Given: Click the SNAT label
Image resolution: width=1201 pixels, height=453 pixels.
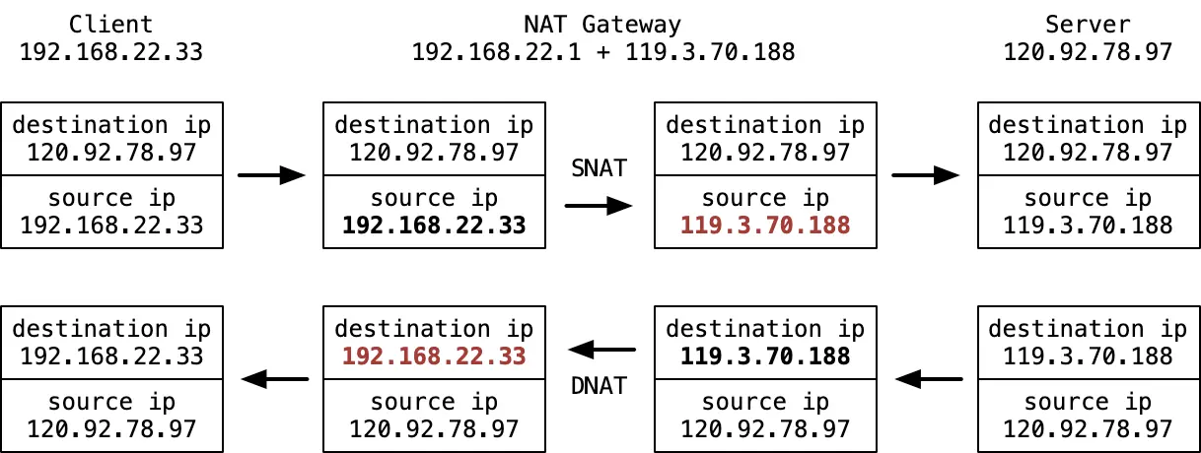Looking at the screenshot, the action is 599,168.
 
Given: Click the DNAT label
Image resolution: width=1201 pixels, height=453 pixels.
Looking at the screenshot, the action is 599,385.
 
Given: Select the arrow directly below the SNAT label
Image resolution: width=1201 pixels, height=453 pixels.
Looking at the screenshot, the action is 599,206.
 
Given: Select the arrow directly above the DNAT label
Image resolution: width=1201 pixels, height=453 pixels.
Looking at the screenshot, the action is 602,350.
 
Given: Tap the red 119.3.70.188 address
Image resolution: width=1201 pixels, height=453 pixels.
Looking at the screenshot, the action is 765,225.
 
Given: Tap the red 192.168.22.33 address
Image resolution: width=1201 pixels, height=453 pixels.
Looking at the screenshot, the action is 434,356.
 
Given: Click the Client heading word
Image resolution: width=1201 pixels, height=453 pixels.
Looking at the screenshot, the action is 111,24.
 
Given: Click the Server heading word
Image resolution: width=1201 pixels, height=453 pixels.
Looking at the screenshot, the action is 1088,24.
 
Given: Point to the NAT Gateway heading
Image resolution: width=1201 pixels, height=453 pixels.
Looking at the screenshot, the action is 602,24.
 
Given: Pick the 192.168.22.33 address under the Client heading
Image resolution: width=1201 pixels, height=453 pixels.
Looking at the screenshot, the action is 111,52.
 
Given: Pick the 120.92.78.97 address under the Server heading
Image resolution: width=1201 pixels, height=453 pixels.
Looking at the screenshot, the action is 1088,52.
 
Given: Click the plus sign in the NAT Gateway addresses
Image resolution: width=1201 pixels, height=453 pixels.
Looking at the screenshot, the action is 603,52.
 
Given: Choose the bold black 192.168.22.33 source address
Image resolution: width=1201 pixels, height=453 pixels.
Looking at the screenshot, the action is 434,225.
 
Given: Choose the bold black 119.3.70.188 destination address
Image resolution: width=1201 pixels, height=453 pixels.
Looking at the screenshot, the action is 765,356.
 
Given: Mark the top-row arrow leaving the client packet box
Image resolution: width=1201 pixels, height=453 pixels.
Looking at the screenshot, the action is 271,175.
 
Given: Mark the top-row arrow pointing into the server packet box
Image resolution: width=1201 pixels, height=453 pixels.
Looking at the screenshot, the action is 926,175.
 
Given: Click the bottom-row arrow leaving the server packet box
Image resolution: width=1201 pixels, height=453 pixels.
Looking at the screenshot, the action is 929,379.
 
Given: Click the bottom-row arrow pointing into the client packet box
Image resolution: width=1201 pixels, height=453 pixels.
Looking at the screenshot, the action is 275,379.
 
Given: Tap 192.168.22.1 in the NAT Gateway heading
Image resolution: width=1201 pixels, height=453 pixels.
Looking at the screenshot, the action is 497,52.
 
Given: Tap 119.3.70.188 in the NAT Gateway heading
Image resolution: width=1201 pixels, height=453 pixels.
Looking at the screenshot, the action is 710,52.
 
